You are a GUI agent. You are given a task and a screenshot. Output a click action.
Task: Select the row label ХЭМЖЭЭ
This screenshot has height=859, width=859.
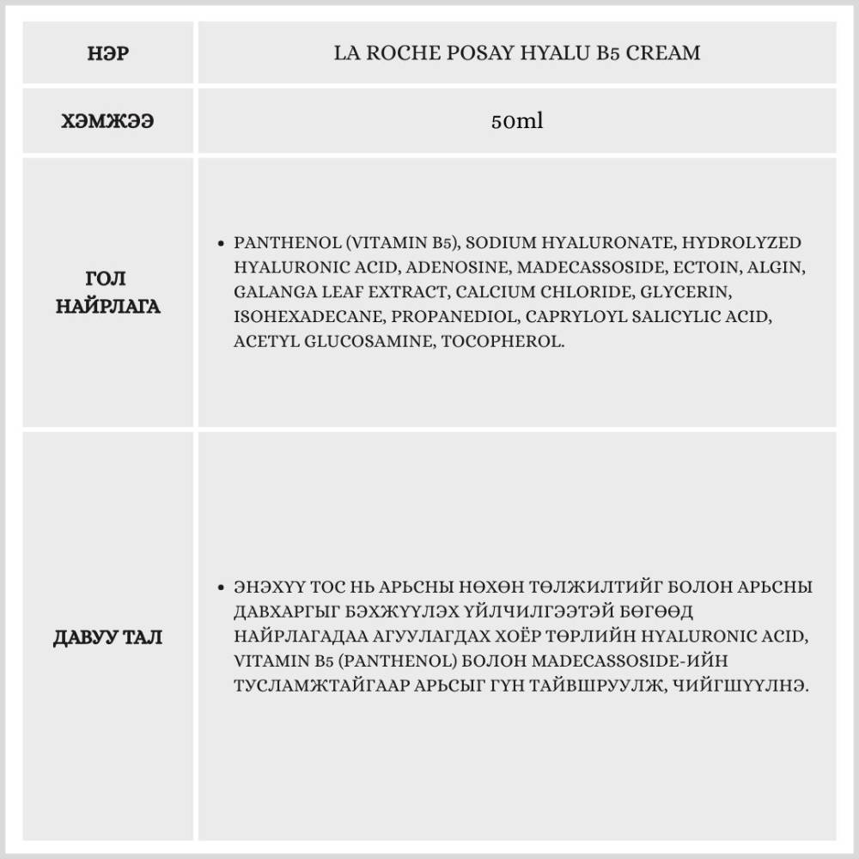(108, 121)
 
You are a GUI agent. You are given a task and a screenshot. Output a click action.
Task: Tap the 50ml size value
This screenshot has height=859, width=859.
(517, 121)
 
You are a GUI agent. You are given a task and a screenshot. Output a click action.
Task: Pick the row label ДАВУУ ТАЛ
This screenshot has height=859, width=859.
(108, 638)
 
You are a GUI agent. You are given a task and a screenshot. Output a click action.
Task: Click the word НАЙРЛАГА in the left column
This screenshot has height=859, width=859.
(108, 306)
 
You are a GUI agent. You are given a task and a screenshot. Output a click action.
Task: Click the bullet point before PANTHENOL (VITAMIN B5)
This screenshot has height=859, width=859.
(222, 244)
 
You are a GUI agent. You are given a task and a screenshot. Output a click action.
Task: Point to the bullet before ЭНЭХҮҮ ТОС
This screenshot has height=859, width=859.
(222, 588)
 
